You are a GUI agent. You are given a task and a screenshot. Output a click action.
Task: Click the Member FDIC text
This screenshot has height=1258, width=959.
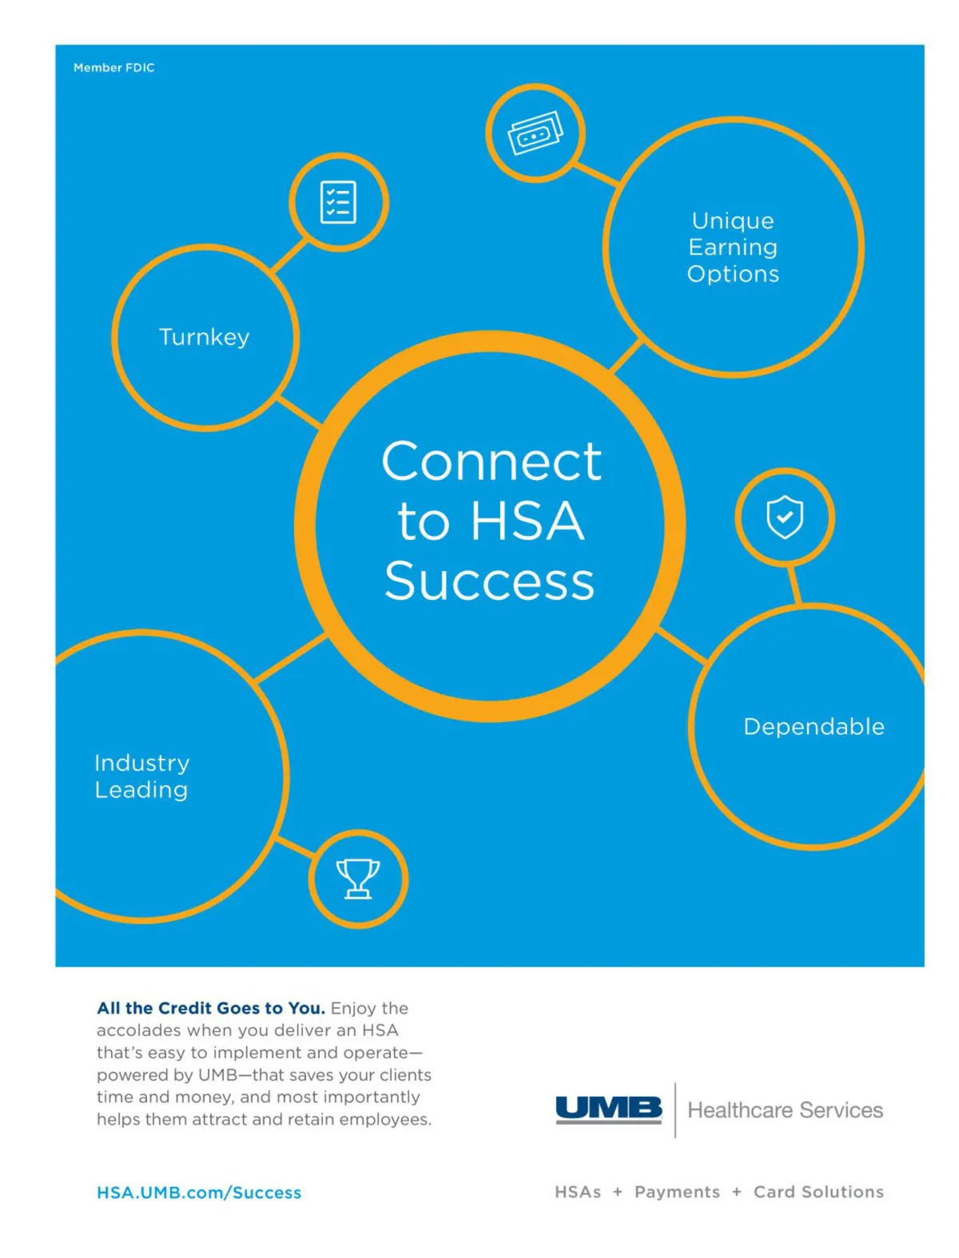[x=113, y=68]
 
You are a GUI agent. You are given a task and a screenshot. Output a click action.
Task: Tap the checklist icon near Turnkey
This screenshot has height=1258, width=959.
[x=337, y=202]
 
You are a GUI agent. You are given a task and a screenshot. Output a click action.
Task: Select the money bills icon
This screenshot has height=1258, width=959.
[x=535, y=133]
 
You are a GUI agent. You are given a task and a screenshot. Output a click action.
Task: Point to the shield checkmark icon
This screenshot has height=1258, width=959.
[x=785, y=517]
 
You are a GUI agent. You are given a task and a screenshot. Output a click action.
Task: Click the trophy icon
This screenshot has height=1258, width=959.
[x=358, y=879]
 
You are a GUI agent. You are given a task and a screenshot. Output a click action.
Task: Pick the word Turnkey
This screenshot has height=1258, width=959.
[x=204, y=337]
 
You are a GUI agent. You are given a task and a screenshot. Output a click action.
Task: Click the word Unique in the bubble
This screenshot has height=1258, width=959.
[x=733, y=221]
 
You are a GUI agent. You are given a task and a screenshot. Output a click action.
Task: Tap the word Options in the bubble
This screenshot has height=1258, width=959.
[x=733, y=274]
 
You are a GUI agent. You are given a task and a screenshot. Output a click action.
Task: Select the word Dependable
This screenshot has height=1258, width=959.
[x=814, y=727]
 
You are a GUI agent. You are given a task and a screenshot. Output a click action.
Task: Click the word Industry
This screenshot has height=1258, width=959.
[x=141, y=764]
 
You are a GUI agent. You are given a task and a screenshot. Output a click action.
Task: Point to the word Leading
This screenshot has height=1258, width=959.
[x=141, y=790]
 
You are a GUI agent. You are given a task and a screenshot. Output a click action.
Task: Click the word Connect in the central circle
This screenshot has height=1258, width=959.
[x=491, y=462]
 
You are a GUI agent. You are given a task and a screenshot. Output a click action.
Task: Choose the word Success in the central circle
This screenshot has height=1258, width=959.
[x=490, y=581]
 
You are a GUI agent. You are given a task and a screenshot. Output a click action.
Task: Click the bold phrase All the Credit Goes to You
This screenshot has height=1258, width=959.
[x=211, y=1008]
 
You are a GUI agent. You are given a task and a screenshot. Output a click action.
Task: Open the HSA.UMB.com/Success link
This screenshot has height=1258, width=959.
[x=199, y=1193]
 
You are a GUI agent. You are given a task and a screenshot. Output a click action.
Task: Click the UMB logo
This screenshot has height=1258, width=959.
[x=609, y=1110]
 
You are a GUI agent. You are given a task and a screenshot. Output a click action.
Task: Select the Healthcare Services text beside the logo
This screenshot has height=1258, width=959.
[x=786, y=1111]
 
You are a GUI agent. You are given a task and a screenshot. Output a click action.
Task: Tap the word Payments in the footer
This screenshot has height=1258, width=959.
[x=677, y=1193]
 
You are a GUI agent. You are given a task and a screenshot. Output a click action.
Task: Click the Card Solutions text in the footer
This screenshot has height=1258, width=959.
[x=818, y=1192]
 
